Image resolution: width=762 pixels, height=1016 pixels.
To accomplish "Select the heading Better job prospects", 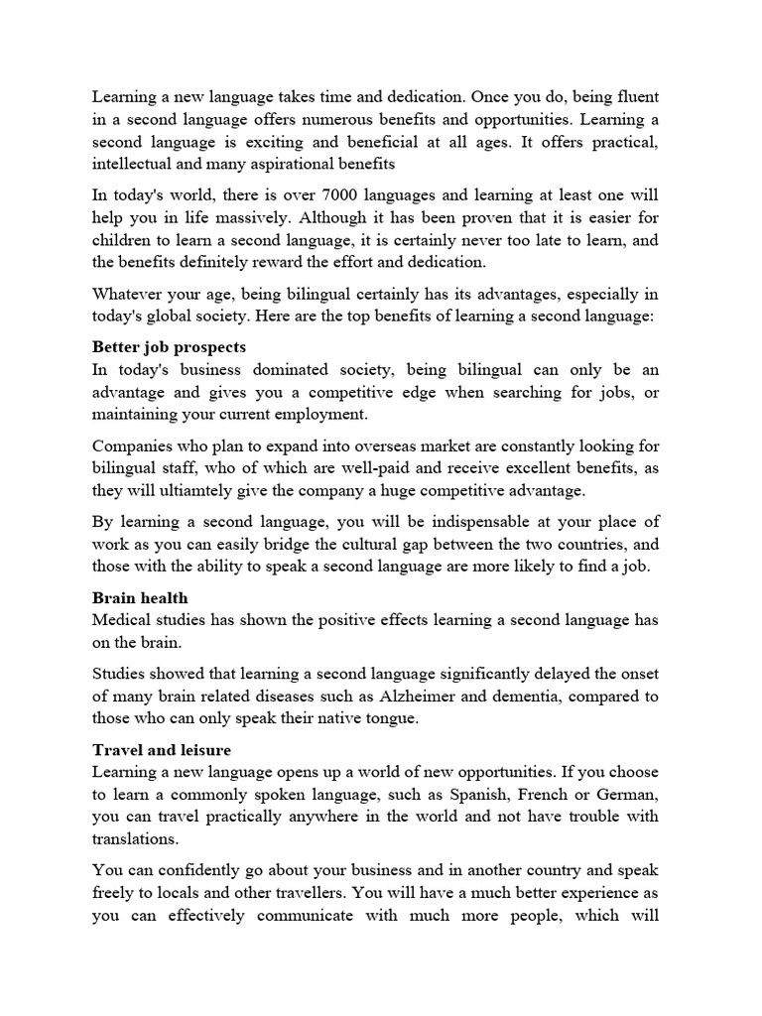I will point(169,347).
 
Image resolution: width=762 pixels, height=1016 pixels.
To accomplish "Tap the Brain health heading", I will point(140,598).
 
